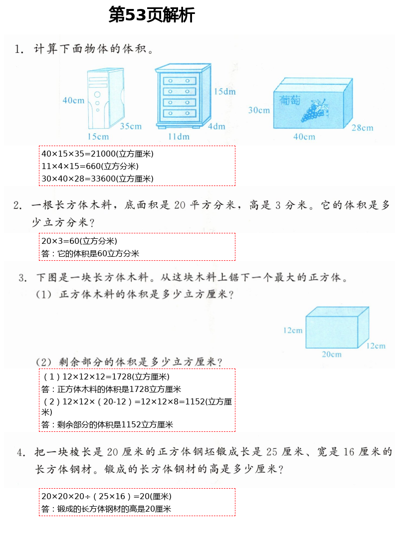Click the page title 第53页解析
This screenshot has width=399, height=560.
pos(152,15)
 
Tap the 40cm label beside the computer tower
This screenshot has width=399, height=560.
pos(73,100)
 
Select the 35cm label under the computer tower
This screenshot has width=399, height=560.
pos(130,126)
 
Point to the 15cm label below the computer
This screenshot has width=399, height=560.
pos(98,136)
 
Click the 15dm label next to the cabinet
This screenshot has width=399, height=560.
pos(224,91)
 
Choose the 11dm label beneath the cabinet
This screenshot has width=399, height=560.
pos(179,136)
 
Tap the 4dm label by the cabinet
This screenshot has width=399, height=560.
pos(216,126)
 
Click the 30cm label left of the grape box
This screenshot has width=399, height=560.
pos(259,110)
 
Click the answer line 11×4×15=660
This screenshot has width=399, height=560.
pos(90,166)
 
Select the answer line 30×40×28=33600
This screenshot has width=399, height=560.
pos(97,179)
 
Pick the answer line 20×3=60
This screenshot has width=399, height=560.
pos(79,241)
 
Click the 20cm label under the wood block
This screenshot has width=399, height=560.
pos(331,355)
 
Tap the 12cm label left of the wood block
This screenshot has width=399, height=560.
pos(293,330)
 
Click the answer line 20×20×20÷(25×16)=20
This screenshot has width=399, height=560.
pos(106,496)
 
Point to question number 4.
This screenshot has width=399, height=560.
pos(21,453)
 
